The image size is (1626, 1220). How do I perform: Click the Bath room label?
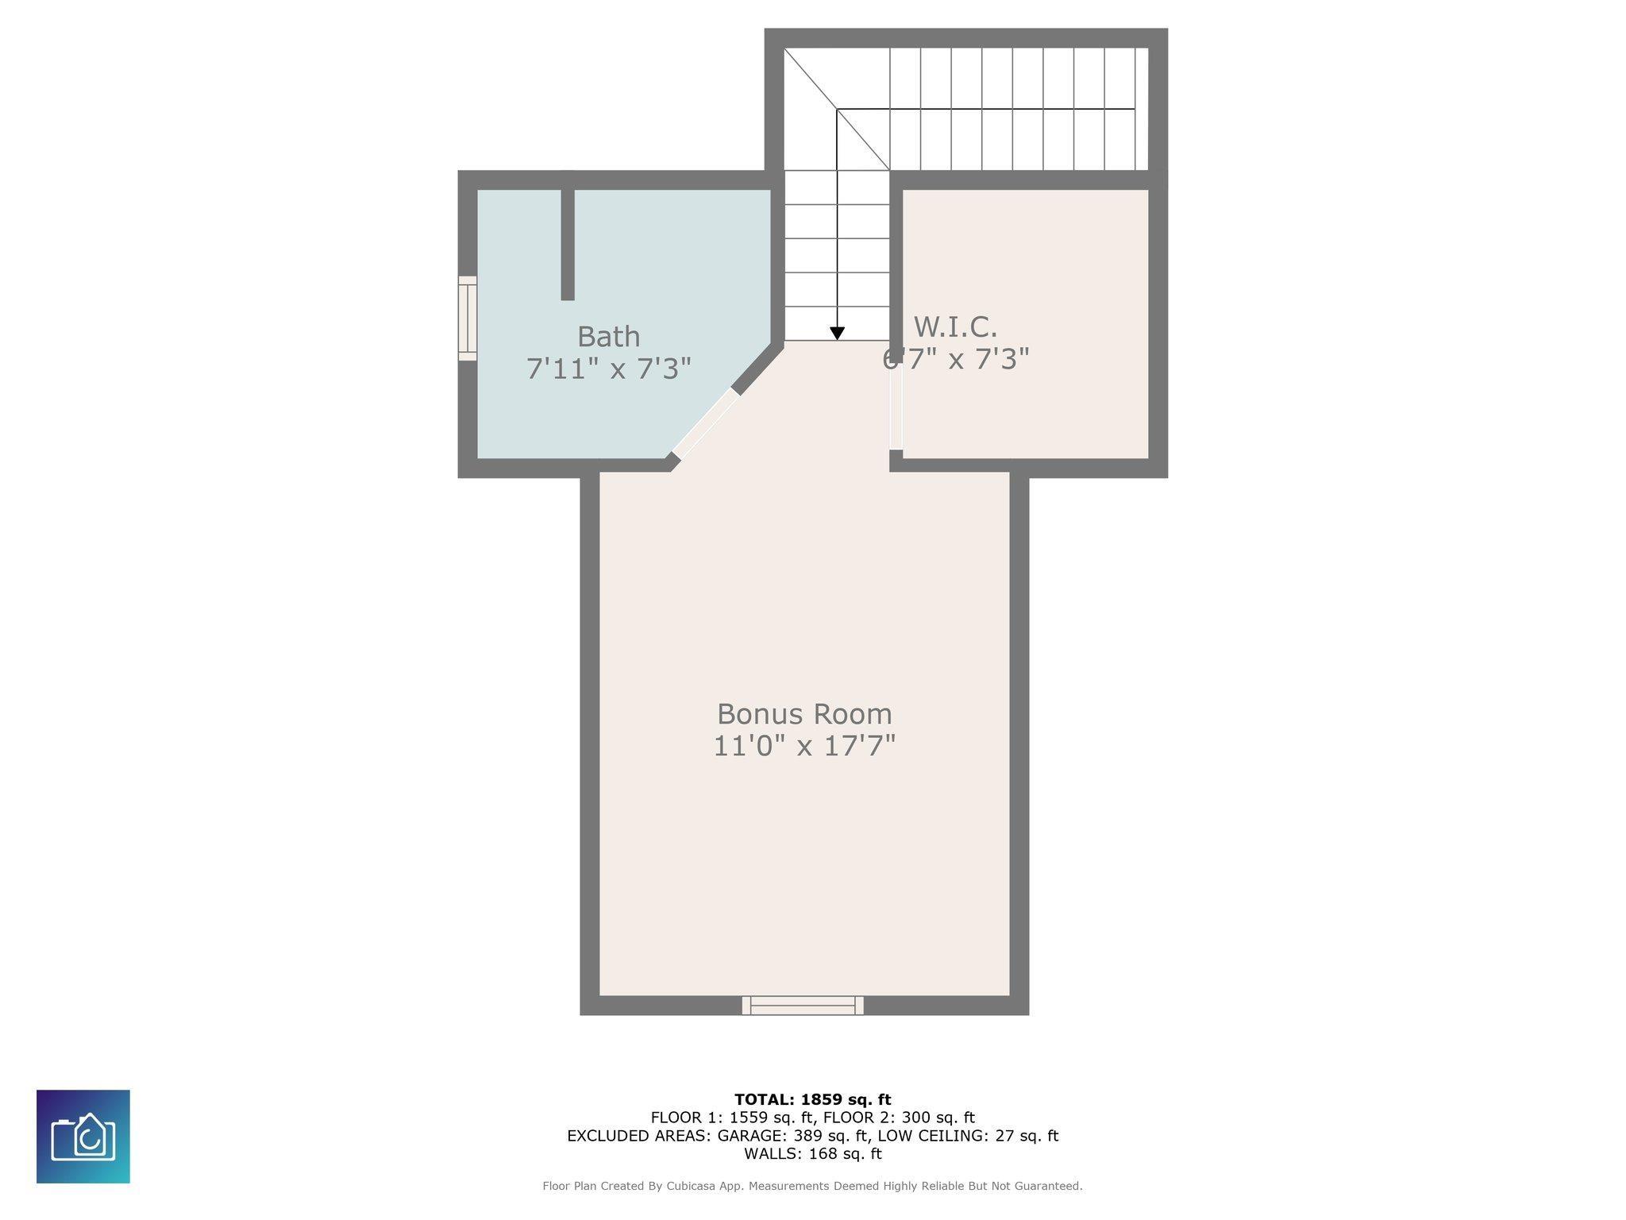pyautogui.click(x=608, y=337)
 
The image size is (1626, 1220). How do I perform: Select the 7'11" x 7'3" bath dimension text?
pyautogui.click(x=609, y=369)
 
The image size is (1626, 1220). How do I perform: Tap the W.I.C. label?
pyautogui.click(x=955, y=326)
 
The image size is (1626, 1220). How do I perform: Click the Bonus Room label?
pyautogui.click(x=804, y=714)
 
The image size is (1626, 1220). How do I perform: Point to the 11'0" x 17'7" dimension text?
pyautogui.click(x=804, y=747)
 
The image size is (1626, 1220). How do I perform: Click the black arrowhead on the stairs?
pyautogui.click(x=837, y=334)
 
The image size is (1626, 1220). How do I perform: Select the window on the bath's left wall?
pyautogui.click(x=468, y=319)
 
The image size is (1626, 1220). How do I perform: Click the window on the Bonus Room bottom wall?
pyautogui.click(x=803, y=1006)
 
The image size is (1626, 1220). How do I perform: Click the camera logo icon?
pyautogui.click(x=83, y=1137)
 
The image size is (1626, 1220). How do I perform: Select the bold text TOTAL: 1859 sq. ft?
pyautogui.click(x=813, y=1099)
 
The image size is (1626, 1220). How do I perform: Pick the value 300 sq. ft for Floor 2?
pyautogui.click(x=938, y=1118)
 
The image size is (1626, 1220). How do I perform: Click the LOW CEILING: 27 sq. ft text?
pyautogui.click(x=968, y=1136)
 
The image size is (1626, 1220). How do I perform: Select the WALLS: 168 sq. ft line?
pyautogui.click(x=813, y=1153)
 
